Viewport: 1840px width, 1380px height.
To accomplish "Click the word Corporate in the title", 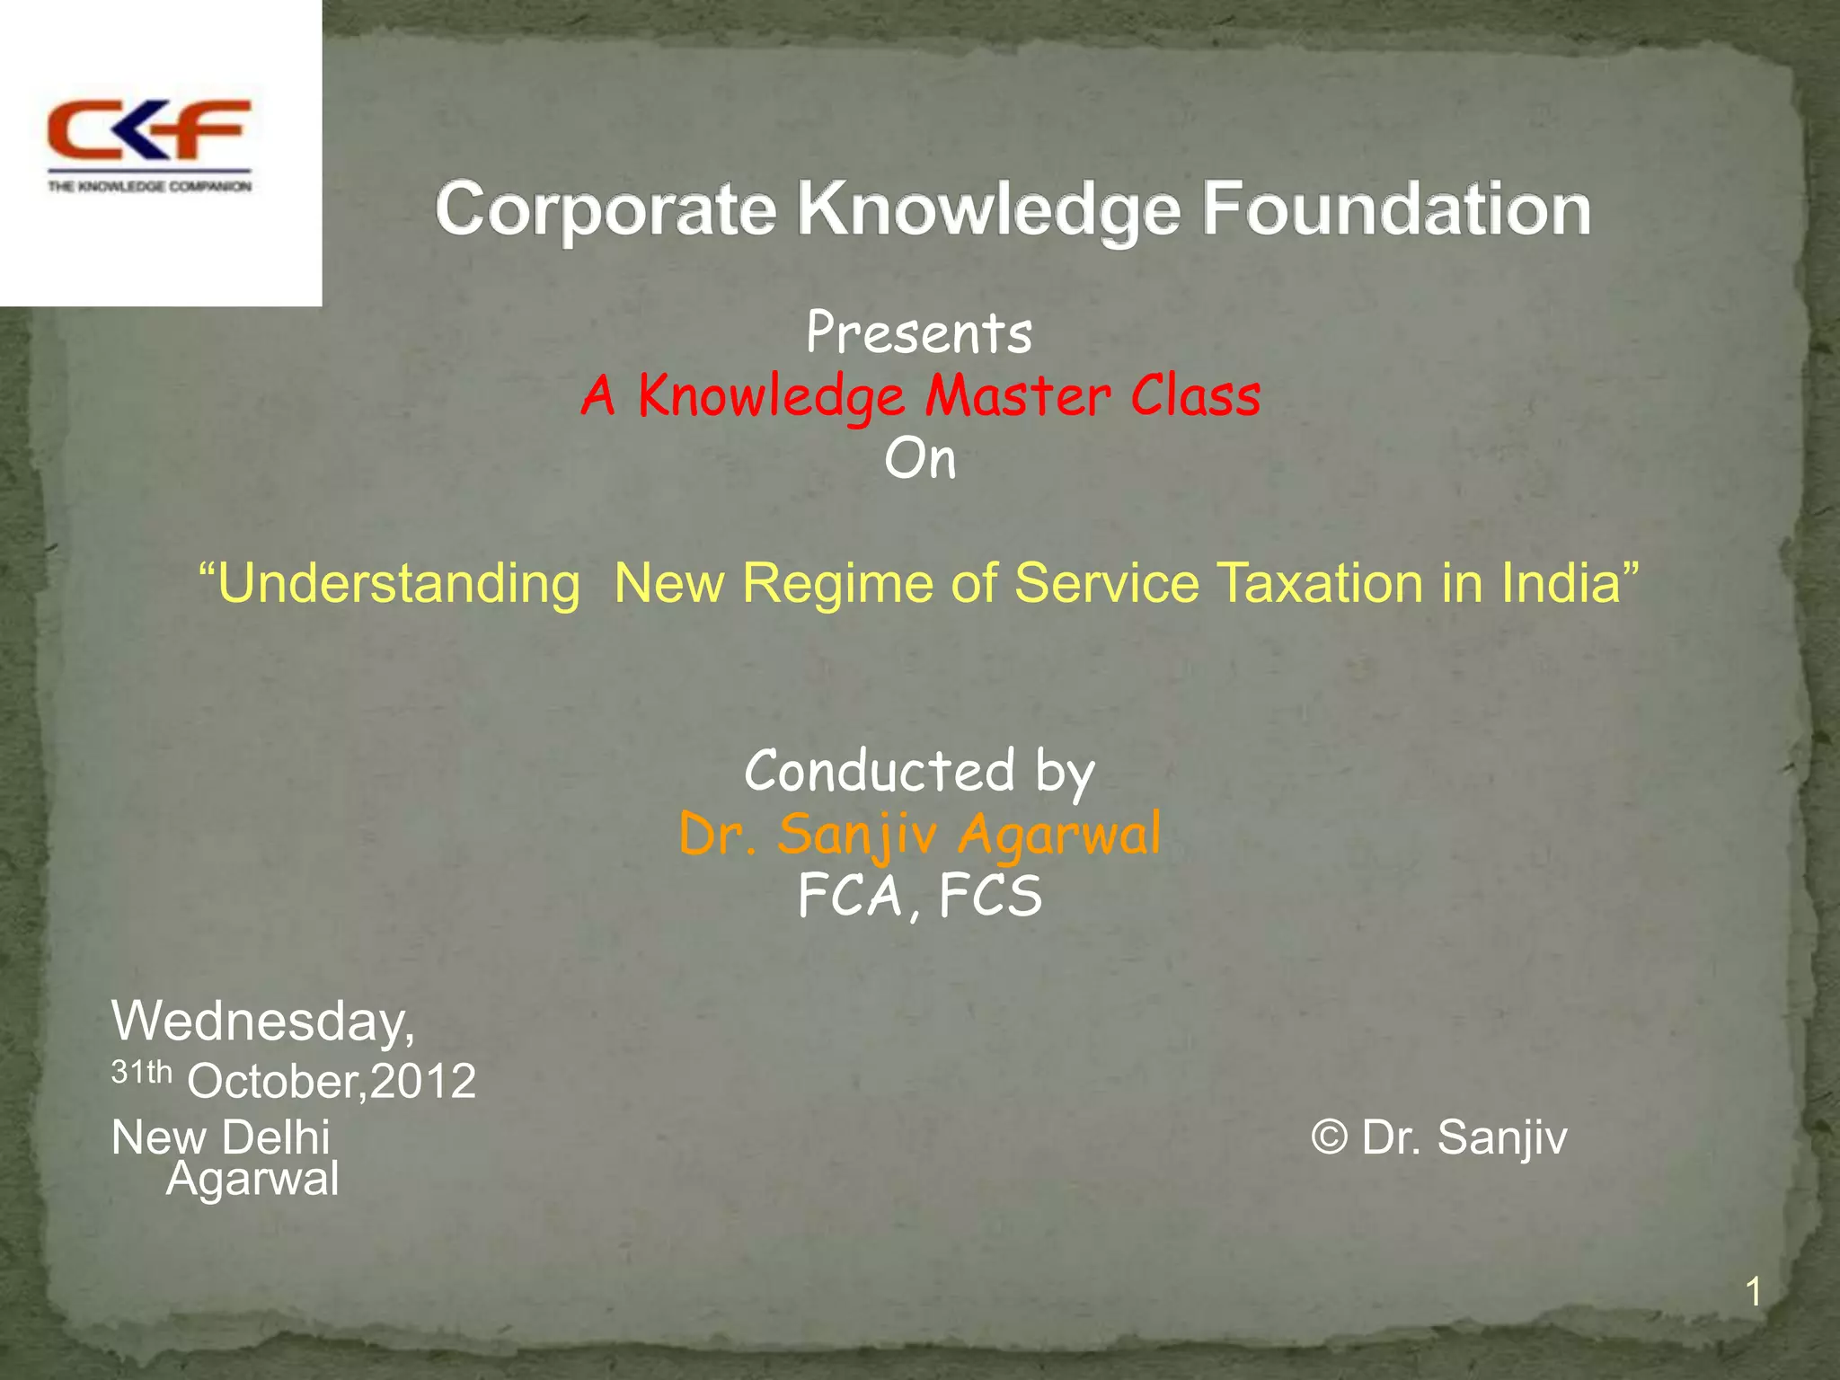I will pos(606,209).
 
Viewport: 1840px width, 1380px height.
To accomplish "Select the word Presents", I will pos(919,333).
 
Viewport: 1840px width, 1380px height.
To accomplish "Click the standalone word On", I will pos(920,460).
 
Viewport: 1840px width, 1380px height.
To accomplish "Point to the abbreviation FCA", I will pos(850,897).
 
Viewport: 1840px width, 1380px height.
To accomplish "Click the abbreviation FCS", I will pos(990,897).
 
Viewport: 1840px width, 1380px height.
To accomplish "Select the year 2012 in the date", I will pos(423,1081).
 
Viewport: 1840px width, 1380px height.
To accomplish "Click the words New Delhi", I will pos(221,1137).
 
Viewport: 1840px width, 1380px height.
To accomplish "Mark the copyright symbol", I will pos(1329,1137).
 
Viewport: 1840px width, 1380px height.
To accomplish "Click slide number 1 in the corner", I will pos(1752,1293).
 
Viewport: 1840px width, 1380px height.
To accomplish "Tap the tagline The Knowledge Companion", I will pos(149,187).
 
